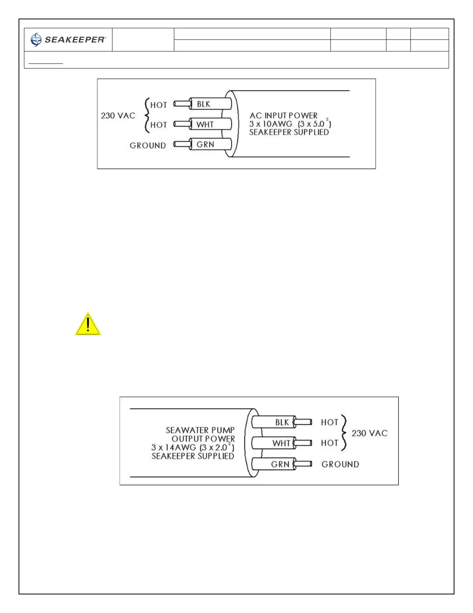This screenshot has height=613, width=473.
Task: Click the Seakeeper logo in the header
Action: coord(68,39)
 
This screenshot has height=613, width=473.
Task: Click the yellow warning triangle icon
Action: coord(88,324)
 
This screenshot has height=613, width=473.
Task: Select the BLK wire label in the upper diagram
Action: coord(204,104)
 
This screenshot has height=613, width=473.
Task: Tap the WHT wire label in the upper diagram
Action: coord(205,125)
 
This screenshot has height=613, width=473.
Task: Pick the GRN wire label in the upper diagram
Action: coord(205,145)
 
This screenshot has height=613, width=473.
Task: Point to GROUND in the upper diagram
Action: coord(148,146)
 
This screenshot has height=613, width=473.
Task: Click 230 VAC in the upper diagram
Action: coord(118,116)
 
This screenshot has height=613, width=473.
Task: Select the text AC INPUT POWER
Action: coord(283,115)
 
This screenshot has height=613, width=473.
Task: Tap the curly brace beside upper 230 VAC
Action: coord(146,115)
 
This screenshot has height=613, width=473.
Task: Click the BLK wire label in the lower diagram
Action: coord(282,422)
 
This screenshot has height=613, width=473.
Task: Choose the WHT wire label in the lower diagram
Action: coord(281,443)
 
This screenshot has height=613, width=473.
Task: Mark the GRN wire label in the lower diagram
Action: coord(280,464)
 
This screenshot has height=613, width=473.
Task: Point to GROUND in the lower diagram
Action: coord(340,464)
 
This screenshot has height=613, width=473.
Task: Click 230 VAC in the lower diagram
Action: coord(369,433)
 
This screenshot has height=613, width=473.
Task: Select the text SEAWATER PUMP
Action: coord(200,430)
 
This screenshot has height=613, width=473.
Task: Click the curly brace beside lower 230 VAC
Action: coord(344,433)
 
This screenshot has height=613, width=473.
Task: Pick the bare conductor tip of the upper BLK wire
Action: coord(182,104)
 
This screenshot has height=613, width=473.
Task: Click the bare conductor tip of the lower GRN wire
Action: coord(304,464)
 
